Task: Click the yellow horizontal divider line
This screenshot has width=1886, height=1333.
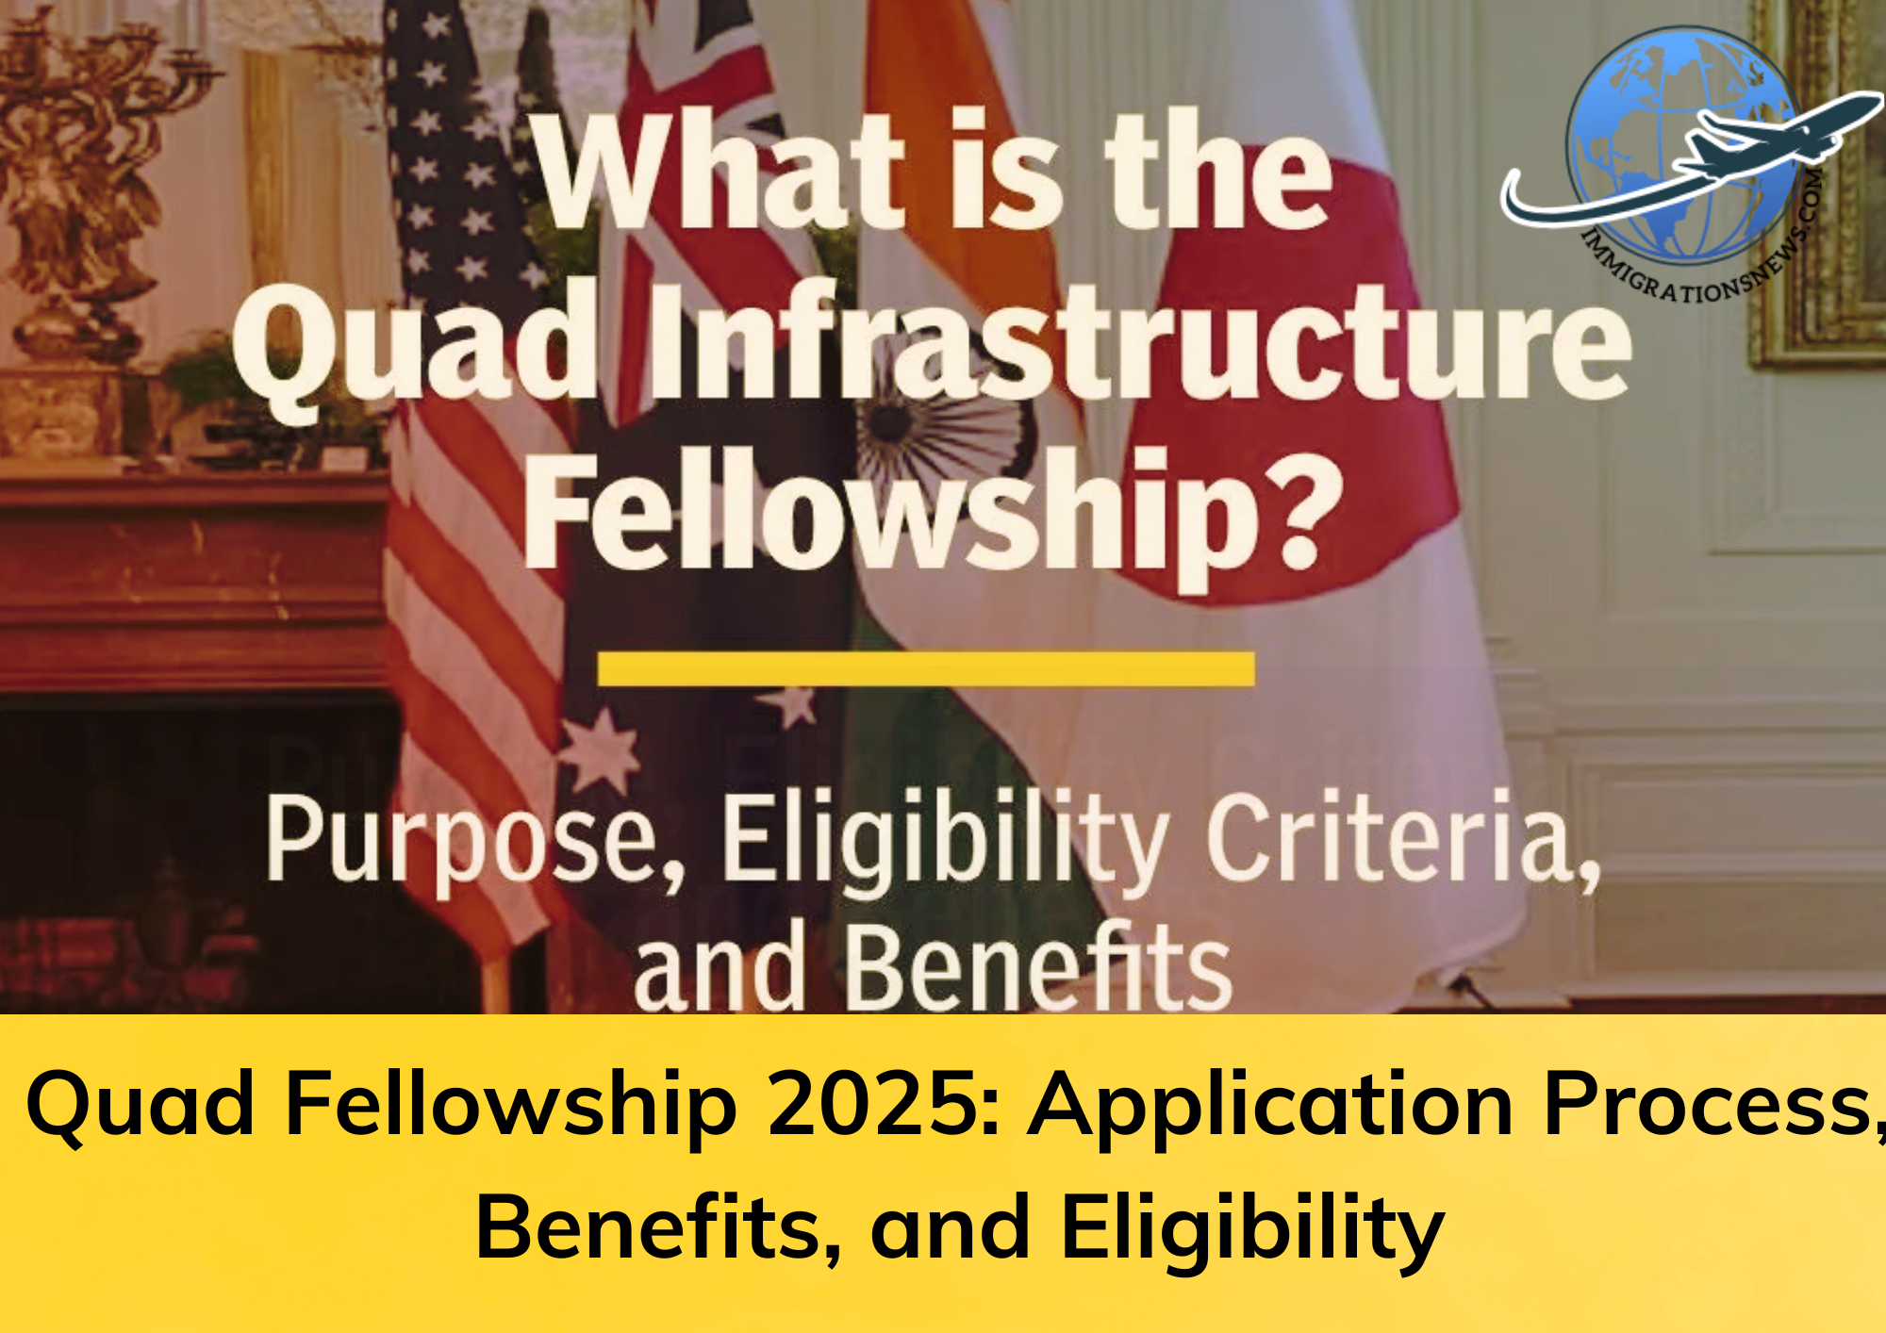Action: (926, 668)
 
